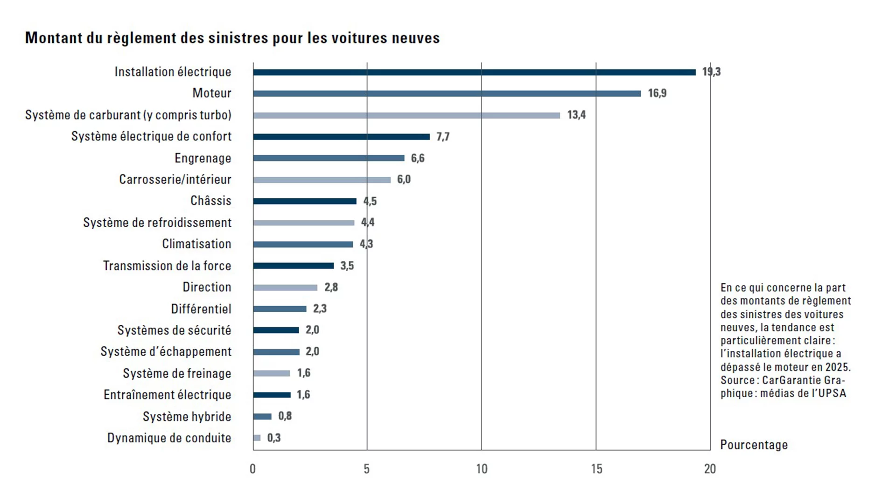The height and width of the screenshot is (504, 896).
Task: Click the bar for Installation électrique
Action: pyautogui.click(x=474, y=72)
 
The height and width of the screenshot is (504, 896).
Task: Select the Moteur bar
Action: pyautogui.click(x=447, y=93)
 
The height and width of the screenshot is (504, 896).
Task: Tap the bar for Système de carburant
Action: pyautogui.click(x=406, y=115)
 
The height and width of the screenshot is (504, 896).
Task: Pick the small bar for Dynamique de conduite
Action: pyautogui.click(x=257, y=438)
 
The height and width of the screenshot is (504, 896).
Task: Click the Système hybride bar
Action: pyautogui.click(x=262, y=416)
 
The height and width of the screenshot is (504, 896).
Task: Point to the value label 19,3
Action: pyautogui.click(x=711, y=72)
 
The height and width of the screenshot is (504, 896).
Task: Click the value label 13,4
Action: pyautogui.click(x=576, y=115)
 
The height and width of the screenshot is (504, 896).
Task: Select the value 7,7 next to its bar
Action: pyautogui.click(x=443, y=137)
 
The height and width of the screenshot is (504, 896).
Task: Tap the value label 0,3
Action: pyautogui.click(x=274, y=438)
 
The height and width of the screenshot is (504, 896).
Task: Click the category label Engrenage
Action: pyautogui.click(x=203, y=158)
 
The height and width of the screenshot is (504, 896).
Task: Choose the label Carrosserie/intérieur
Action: pyautogui.click(x=175, y=180)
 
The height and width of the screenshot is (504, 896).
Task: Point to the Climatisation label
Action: pyautogui.click(x=196, y=244)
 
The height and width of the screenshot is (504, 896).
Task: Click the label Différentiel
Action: pyautogui.click(x=201, y=309)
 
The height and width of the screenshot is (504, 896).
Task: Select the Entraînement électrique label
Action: pyautogui.click(x=168, y=395)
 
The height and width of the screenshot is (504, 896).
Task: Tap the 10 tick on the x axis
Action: pyautogui.click(x=482, y=469)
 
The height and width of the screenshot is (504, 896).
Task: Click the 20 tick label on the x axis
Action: pyautogui.click(x=710, y=469)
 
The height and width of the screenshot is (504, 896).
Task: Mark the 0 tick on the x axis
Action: pyautogui.click(x=253, y=469)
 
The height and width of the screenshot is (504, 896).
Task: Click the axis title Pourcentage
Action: pyautogui.click(x=754, y=445)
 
